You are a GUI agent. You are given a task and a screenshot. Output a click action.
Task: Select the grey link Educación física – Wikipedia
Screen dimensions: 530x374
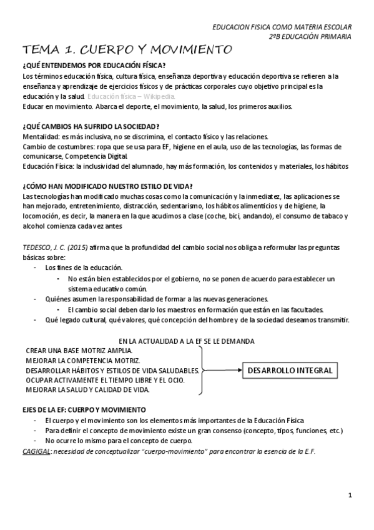point(131,96)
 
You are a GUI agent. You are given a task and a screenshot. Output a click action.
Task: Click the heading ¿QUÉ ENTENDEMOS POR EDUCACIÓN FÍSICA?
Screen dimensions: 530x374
point(94,66)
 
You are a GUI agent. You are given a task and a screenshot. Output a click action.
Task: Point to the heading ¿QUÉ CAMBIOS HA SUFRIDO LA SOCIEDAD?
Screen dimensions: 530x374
point(91,126)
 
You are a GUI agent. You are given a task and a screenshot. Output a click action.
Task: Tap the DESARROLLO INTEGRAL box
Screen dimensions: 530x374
point(290,371)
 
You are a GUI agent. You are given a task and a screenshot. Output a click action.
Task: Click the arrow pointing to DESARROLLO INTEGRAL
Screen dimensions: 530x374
point(222,371)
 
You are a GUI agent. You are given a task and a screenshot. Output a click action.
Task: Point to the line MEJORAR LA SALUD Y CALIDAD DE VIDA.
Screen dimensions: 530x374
point(87,389)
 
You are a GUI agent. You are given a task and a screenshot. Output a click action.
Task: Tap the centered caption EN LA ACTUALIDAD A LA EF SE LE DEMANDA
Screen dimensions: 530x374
point(187,341)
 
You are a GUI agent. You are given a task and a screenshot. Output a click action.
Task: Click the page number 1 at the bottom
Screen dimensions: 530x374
point(350,496)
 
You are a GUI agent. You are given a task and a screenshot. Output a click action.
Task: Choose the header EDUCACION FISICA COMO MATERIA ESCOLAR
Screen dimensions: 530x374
point(282,27)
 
